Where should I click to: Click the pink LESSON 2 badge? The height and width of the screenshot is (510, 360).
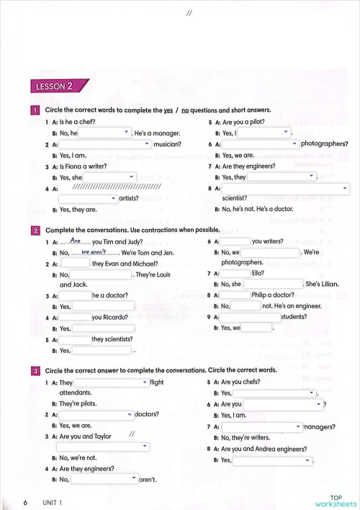[x=54, y=87]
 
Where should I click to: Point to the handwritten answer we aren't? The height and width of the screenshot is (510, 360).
[x=94, y=253]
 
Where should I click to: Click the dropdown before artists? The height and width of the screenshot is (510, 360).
[x=88, y=199]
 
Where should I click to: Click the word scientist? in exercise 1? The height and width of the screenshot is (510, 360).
[x=235, y=199]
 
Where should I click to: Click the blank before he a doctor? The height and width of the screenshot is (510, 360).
[x=75, y=296]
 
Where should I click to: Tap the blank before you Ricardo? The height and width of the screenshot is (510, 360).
[x=75, y=318]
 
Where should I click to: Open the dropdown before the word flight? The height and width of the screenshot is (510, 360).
[x=111, y=382]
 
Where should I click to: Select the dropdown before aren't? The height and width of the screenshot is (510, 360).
[x=104, y=479]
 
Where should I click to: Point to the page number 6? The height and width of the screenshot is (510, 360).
[x=25, y=501]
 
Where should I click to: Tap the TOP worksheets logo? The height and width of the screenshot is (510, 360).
[x=336, y=500]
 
